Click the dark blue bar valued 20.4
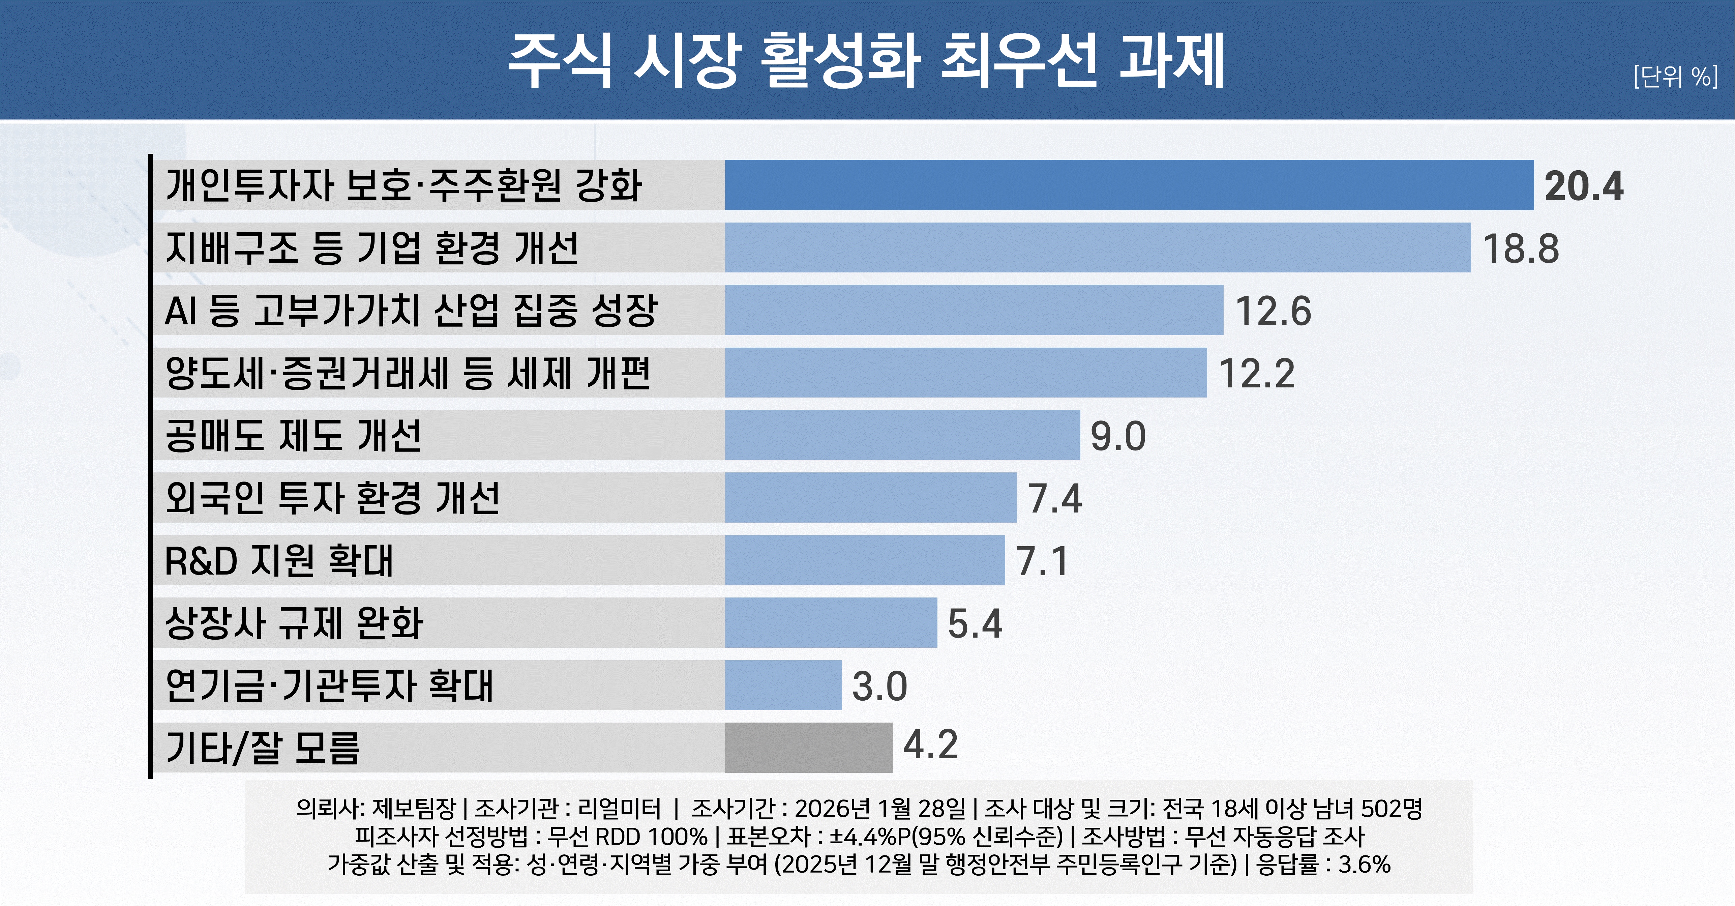[x=1129, y=185]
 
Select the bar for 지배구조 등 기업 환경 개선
[x=1097, y=248]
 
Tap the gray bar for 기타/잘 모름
[x=808, y=748]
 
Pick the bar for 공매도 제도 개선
[x=902, y=435]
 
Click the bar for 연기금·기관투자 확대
[x=783, y=685]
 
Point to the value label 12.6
[x=1273, y=311]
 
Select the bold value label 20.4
[x=1583, y=186]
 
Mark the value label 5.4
[x=975, y=624]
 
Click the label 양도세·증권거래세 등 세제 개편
[x=408, y=373]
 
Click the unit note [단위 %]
[x=1675, y=76]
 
